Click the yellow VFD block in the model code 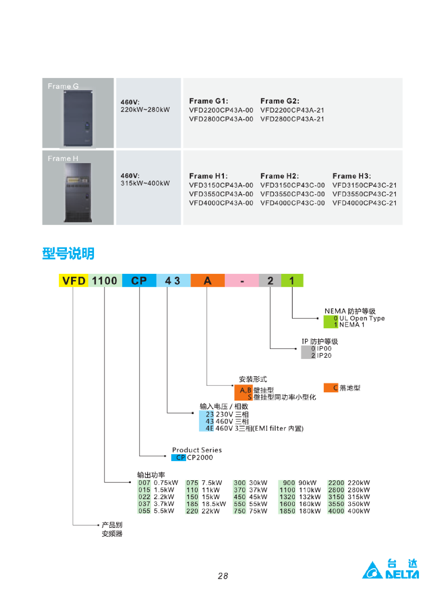point(73,280)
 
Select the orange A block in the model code point(208,280)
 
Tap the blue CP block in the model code point(139,280)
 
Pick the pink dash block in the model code point(242,280)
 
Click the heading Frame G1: point(208,101)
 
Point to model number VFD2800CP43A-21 point(292,119)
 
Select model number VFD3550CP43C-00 point(293,194)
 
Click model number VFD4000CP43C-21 point(365,203)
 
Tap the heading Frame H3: point(352,176)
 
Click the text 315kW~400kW point(145,183)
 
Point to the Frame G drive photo point(78,118)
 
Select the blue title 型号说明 point(68,254)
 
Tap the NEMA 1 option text point(352,325)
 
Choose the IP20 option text point(324,355)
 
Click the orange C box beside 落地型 point(331,388)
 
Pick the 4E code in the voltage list point(209,428)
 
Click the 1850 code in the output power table point(287,511)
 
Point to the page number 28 point(223,576)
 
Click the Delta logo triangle point(372,571)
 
